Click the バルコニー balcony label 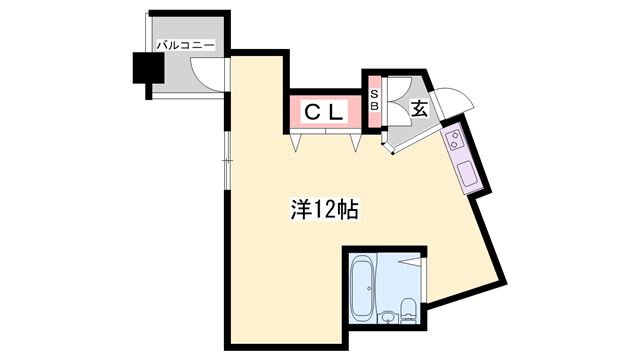tap(185, 45)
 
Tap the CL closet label tap(324, 111)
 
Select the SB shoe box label tap(374, 100)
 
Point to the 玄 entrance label tap(420, 108)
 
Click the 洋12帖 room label tap(324, 209)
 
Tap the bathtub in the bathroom tap(362, 287)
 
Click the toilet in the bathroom tap(408, 311)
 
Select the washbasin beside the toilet tap(388, 317)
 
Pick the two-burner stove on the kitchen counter tap(454, 139)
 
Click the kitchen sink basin tap(466, 172)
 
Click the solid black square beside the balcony tap(149, 68)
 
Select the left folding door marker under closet tap(296, 142)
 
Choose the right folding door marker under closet tap(356, 142)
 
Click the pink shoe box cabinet tap(374, 101)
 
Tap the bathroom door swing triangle tap(411, 261)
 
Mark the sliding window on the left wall tap(227, 160)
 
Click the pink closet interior tap(325, 111)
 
